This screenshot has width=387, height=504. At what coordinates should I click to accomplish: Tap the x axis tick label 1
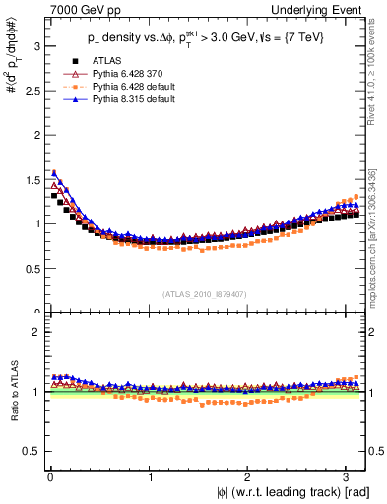point(151,477)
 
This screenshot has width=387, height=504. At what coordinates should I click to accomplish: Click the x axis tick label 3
point(350,477)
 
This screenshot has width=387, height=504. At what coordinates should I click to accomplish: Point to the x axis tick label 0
point(50,477)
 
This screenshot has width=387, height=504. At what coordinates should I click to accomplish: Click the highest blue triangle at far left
point(53,173)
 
